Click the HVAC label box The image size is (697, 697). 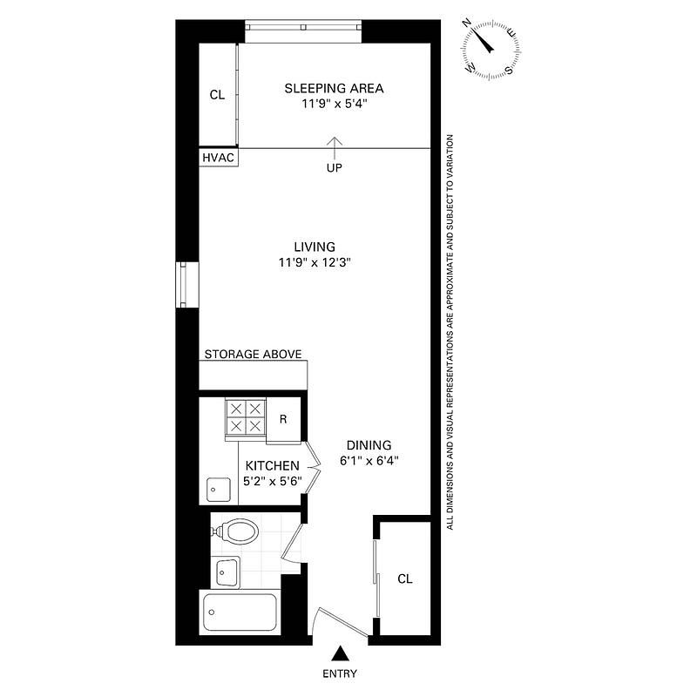coord(219,158)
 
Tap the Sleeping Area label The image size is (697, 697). coord(334,88)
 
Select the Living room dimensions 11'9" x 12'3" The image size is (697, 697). coord(315,262)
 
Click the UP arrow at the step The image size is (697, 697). coord(335,148)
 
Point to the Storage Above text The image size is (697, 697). coord(253,355)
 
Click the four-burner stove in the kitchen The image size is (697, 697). coord(246,417)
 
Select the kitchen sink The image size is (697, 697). coord(219,490)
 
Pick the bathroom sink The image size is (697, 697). coord(227,572)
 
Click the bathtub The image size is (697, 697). coord(240,612)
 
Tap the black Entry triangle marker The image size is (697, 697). coord(340,653)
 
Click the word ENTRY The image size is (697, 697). coord(340,673)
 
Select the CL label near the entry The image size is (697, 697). coord(405,579)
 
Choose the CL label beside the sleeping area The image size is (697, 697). coord(217,95)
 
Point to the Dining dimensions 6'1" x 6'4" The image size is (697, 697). coord(369,461)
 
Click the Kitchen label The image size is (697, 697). coord(273,466)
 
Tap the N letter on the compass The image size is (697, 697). coord(467,24)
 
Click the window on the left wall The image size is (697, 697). coord(183,285)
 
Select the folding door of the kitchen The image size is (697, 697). coord(312,467)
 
